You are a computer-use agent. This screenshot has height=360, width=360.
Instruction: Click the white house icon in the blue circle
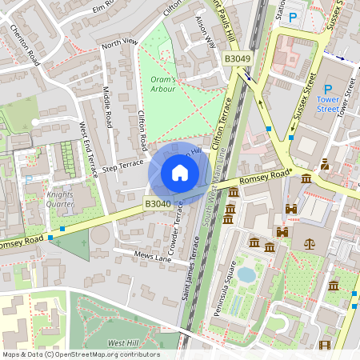(180, 172)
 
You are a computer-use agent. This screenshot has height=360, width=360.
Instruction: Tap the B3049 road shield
(237, 59)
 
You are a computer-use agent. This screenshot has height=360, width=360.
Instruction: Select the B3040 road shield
(158, 205)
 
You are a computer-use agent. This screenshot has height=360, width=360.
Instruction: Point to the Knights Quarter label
(60, 200)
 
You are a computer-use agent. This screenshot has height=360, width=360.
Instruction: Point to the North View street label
(119, 42)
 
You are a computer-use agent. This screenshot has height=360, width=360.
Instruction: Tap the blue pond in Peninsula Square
(246, 274)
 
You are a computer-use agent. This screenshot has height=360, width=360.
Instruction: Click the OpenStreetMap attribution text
(80, 354)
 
